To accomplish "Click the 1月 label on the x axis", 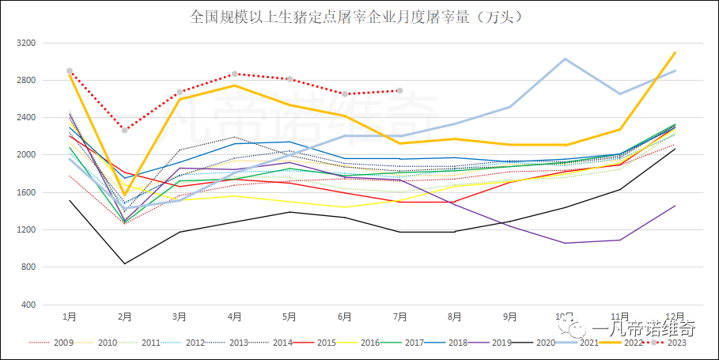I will pyautogui.click(x=70, y=316).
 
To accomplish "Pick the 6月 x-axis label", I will pyautogui.click(x=345, y=316).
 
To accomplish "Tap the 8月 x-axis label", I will pyautogui.click(x=455, y=316).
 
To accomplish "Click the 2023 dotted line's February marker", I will pyautogui.click(x=125, y=130).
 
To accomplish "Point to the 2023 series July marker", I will pyautogui.click(x=400, y=90).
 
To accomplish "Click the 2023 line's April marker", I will pyautogui.click(x=235, y=74).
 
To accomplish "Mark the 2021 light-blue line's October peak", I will pyautogui.click(x=565, y=59).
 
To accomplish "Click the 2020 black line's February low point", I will pyautogui.click(x=125, y=263).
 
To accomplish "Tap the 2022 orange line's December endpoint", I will pyautogui.click(x=675, y=52).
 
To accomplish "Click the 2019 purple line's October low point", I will pyautogui.click(x=565, y=243).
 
